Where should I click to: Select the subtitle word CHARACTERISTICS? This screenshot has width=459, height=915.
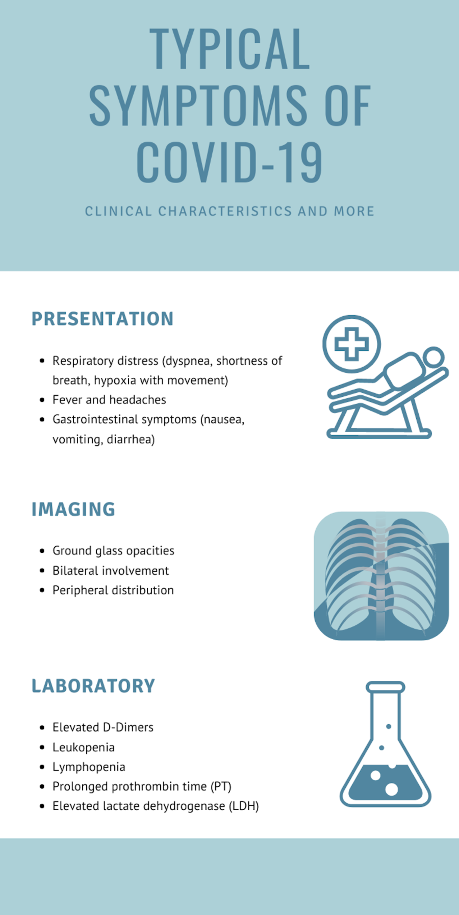click(x=225, y=211)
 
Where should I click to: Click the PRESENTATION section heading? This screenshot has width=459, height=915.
click(x=103, y=319)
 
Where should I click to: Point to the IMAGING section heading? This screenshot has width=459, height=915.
click(x=73, y=509)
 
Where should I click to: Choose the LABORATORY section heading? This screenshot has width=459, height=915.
click(x=93, y=686)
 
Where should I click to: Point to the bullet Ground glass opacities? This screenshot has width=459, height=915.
click(x=113, y=551)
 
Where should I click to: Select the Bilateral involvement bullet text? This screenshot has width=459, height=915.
click(x=110, y=571)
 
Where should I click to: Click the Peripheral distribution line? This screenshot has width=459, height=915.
click(x=113, y=590)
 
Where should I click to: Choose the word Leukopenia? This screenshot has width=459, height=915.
click(x=84, y=747)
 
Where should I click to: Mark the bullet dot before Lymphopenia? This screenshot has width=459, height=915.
click(x=42, y=767)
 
